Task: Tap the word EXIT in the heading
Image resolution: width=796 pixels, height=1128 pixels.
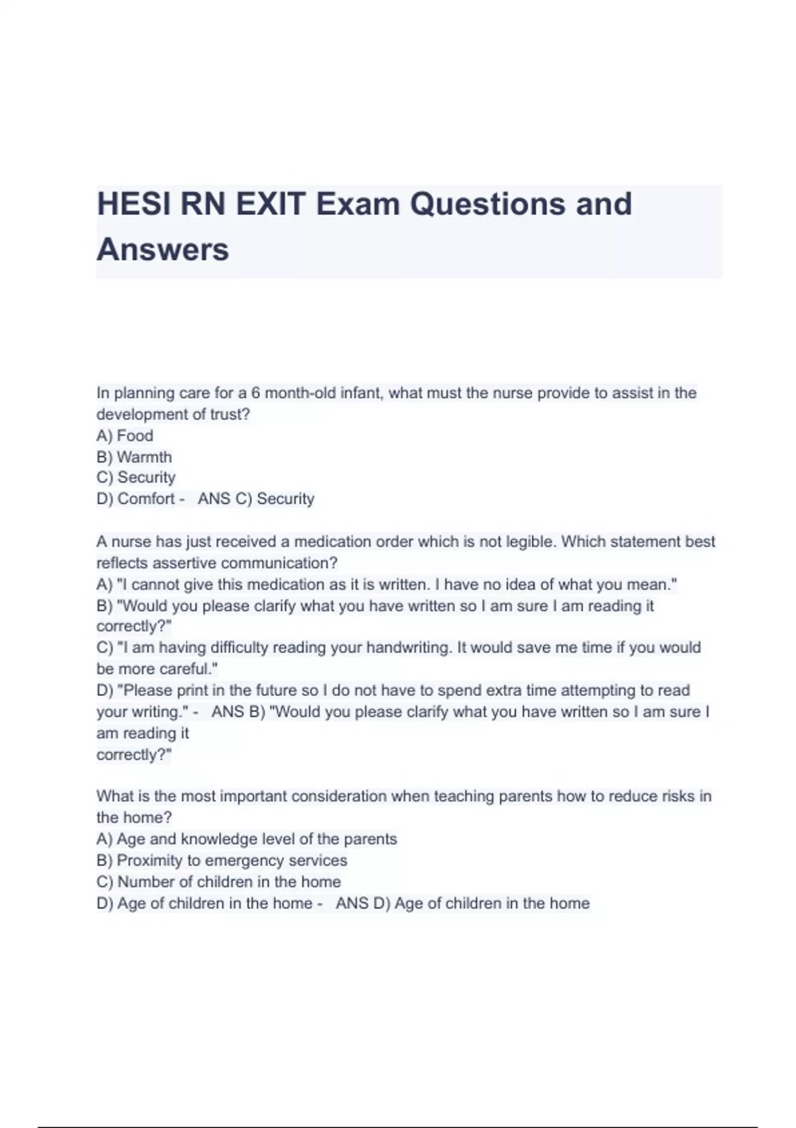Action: pos(271,204)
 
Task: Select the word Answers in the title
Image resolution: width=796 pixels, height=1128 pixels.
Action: pos(163,250)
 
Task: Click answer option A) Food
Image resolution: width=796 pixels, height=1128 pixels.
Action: pos(125,436)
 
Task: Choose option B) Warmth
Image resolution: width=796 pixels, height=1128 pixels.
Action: pos(134,457)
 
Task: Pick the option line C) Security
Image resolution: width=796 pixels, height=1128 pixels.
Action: pos(136,478)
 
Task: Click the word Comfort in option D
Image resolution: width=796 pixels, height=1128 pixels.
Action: pos(146,499)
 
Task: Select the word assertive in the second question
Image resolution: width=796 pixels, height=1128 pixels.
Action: pos(184,563)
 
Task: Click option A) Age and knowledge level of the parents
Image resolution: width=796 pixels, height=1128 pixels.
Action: pos(247,839)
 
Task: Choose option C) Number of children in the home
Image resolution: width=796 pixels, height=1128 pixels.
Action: pos(219,882)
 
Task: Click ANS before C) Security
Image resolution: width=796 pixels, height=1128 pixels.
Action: pos(214,499)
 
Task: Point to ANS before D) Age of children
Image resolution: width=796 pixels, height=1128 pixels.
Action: pos(352,903)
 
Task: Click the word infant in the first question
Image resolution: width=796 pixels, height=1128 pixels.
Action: pos(361,393)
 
